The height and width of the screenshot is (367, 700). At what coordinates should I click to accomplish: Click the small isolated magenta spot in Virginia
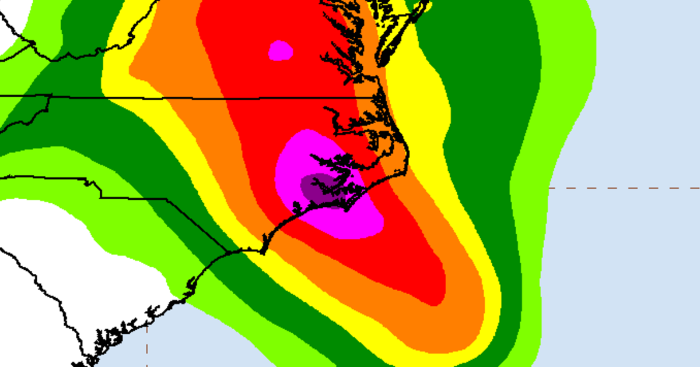click(x=281, y=51)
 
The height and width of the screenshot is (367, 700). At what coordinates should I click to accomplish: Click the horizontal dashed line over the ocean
click(x=624, y=188)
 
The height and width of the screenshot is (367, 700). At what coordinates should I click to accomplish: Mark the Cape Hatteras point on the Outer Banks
click(x=408, y=157)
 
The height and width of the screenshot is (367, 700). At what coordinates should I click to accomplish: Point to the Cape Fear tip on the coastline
click(x=263, y=253)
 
